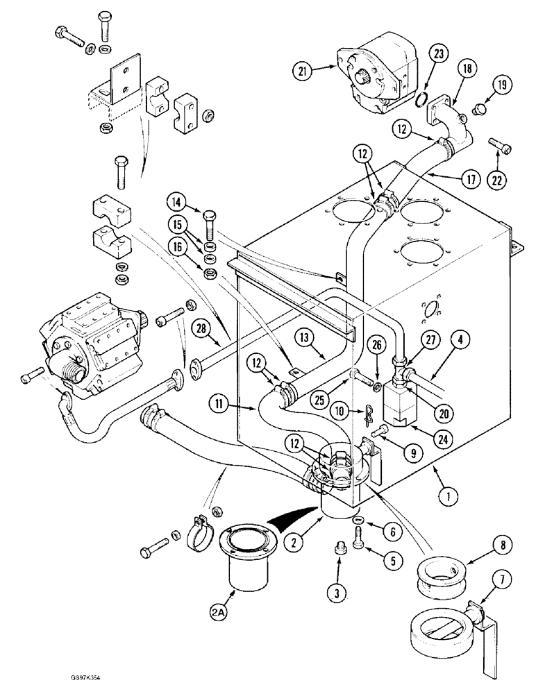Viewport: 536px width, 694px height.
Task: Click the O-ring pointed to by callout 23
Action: coord(419,101)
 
